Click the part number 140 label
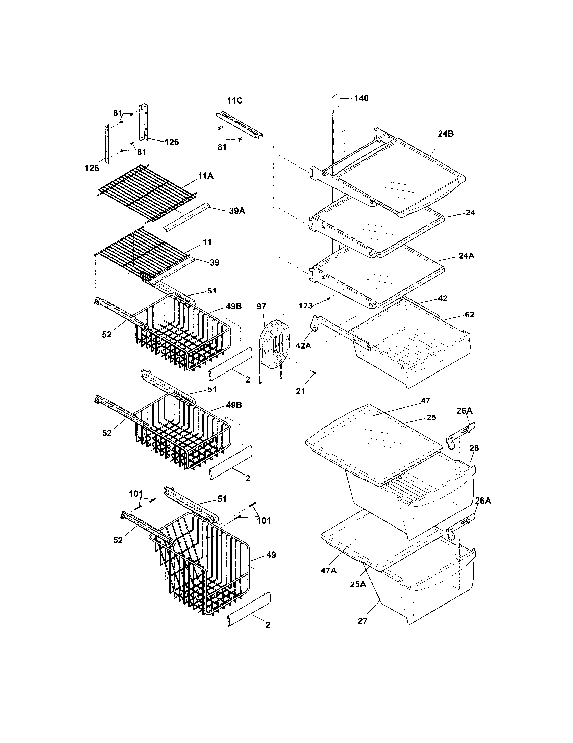(361, 99)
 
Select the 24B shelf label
(445, 134)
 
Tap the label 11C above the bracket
(235, 101)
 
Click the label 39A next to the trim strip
(237, 211)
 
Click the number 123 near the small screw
(305, 306)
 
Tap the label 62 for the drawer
(469, 315)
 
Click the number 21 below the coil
(300, 391)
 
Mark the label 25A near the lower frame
(358, 584)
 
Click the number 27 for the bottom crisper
(363, 621)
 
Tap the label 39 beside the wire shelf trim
(214, 263)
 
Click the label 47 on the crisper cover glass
(425, 401)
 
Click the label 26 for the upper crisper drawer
(474, 448)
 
